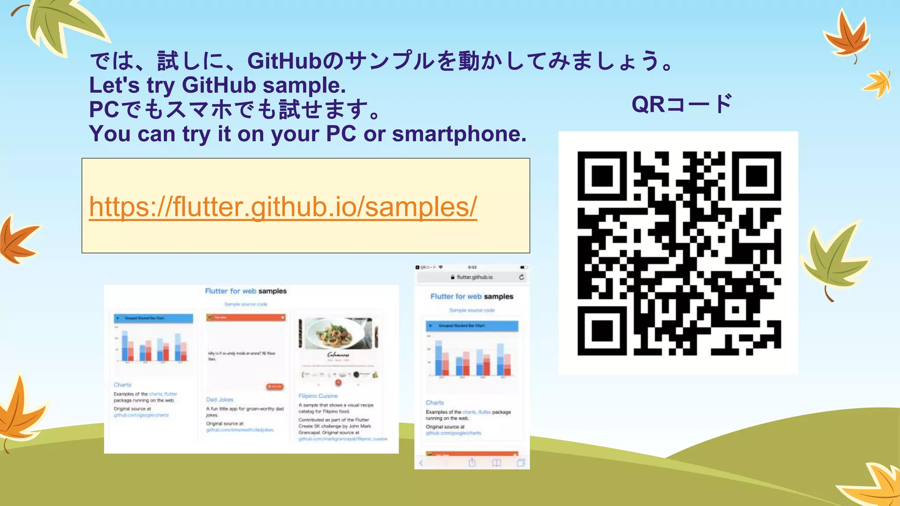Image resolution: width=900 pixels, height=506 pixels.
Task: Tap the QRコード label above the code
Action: (682, 105)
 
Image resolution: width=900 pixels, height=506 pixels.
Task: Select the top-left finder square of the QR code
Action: (602, 176)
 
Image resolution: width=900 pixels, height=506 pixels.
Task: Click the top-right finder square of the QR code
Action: (756, 176)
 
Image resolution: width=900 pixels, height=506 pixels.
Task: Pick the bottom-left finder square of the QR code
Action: (602, 331)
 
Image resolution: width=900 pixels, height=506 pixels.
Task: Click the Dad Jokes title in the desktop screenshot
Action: (220, 400)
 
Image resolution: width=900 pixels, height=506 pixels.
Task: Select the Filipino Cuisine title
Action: (318, 396)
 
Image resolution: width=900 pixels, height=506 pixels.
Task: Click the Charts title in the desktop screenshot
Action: (123, 385)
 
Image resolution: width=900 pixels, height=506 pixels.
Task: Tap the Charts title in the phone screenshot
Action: (435, 403)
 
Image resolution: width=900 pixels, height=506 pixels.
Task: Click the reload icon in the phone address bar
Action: (521, 277)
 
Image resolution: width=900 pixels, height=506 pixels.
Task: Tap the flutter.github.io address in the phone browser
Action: (474, 277)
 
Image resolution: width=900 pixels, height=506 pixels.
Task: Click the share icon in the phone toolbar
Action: (472, 463)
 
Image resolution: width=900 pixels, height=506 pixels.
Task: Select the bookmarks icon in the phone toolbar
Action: (497, 463)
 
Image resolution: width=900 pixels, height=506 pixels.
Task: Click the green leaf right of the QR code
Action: (833, 260)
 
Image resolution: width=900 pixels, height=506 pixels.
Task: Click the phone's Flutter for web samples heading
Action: (472, 296)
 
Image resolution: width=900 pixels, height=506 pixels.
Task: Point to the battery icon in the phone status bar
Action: (523, 267)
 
